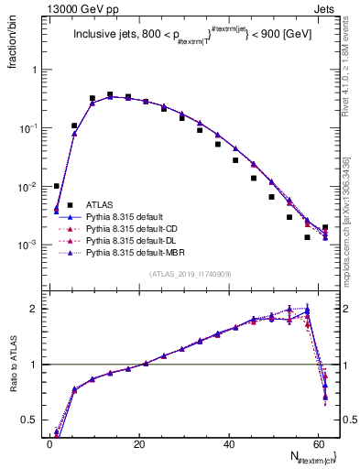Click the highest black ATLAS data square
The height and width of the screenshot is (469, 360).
point(110,94)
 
